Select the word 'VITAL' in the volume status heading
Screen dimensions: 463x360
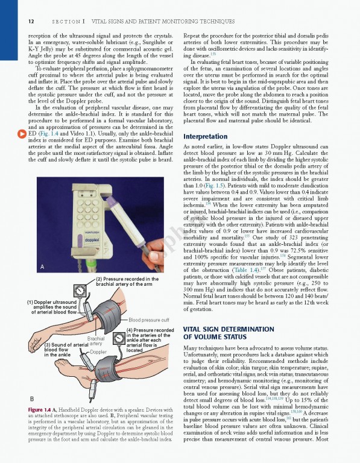194,329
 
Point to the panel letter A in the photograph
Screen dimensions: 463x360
42,266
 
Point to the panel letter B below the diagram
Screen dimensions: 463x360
31,398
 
